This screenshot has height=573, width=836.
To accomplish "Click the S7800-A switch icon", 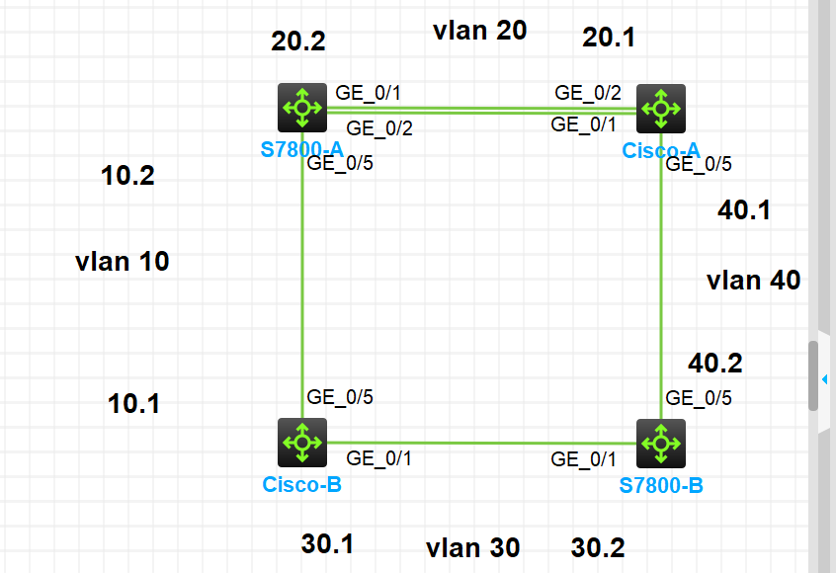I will click(301, 108).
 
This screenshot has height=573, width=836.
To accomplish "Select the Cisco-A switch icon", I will click(661, 108).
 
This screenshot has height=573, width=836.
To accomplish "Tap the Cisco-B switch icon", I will click(301, 443).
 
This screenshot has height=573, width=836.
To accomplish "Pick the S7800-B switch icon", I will click(661, 443).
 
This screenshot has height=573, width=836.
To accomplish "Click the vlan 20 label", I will click(479, 31).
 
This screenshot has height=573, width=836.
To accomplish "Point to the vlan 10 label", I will click(122, 262).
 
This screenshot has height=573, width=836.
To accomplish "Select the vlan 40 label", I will click(753, 281).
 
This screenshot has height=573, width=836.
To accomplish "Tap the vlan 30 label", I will click(472, 547).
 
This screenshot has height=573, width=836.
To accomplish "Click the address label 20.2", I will click(297, 41).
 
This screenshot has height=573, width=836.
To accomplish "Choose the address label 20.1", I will click(609, 38).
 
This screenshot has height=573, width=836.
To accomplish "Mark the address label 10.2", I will click(127, 176).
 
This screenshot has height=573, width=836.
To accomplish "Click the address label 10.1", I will click(133, 403).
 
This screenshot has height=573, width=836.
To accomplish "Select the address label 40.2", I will click(714, 364).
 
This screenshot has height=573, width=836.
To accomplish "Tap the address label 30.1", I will click(327, 543).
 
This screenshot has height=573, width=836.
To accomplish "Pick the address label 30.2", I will click(598, 547).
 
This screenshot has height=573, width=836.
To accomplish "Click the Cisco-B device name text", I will click(301, 484).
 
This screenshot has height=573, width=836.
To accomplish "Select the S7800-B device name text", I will click(661, 486).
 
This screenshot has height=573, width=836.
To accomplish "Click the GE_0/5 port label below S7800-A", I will click(340, 164).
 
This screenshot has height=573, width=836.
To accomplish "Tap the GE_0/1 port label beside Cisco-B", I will click(379, 457).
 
